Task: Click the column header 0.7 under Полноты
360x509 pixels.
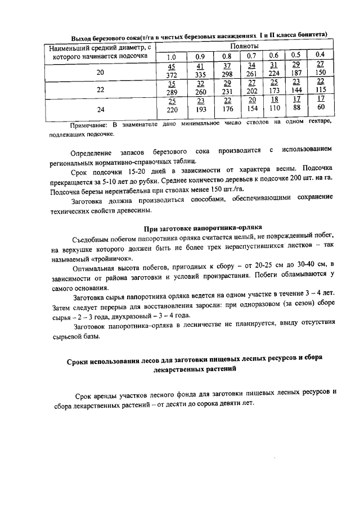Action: (251, 56)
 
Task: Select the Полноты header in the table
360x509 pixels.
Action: (244, 45)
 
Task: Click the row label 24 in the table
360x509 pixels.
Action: (100, 109)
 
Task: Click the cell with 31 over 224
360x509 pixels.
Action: (274, 70)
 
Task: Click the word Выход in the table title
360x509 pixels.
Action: (83, 35)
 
